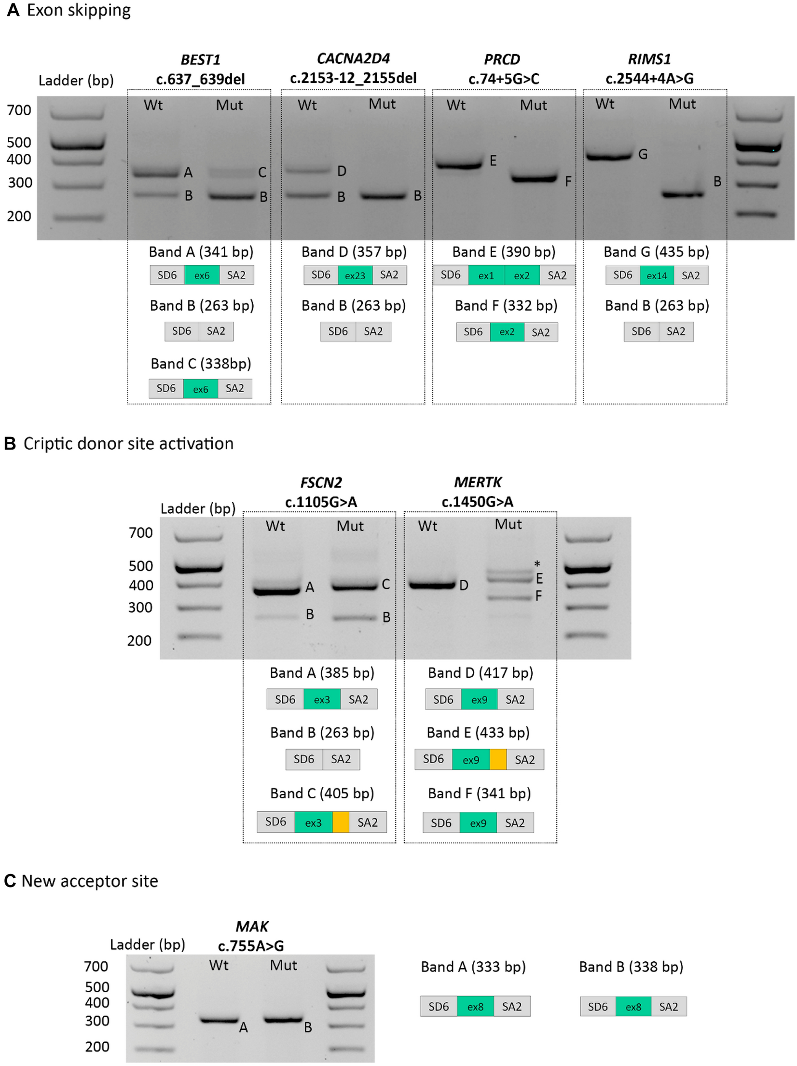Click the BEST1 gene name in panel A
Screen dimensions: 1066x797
coord(200,60)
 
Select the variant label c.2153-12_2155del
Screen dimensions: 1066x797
coord(353,78)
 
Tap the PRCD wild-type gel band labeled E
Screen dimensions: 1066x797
coord(459,165)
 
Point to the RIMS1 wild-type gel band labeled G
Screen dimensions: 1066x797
coord(609,156)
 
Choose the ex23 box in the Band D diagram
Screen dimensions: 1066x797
coord(355,275)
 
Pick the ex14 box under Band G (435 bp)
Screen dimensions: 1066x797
coord(657,275)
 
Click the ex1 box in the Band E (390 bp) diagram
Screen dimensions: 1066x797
coord(486,275)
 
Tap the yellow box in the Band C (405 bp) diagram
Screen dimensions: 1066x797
coord(341,822)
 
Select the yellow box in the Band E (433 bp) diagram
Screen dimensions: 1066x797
coord(498,759)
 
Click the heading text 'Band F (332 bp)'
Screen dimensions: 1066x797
coord(506,305)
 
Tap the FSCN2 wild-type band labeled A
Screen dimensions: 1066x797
coord(277,590)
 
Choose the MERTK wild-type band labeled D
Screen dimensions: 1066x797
coord(432,585)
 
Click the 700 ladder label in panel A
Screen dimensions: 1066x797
coord(19,110)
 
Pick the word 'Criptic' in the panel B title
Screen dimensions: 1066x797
coord(48,444)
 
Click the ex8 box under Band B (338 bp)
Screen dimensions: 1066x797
coord(633,1007)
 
